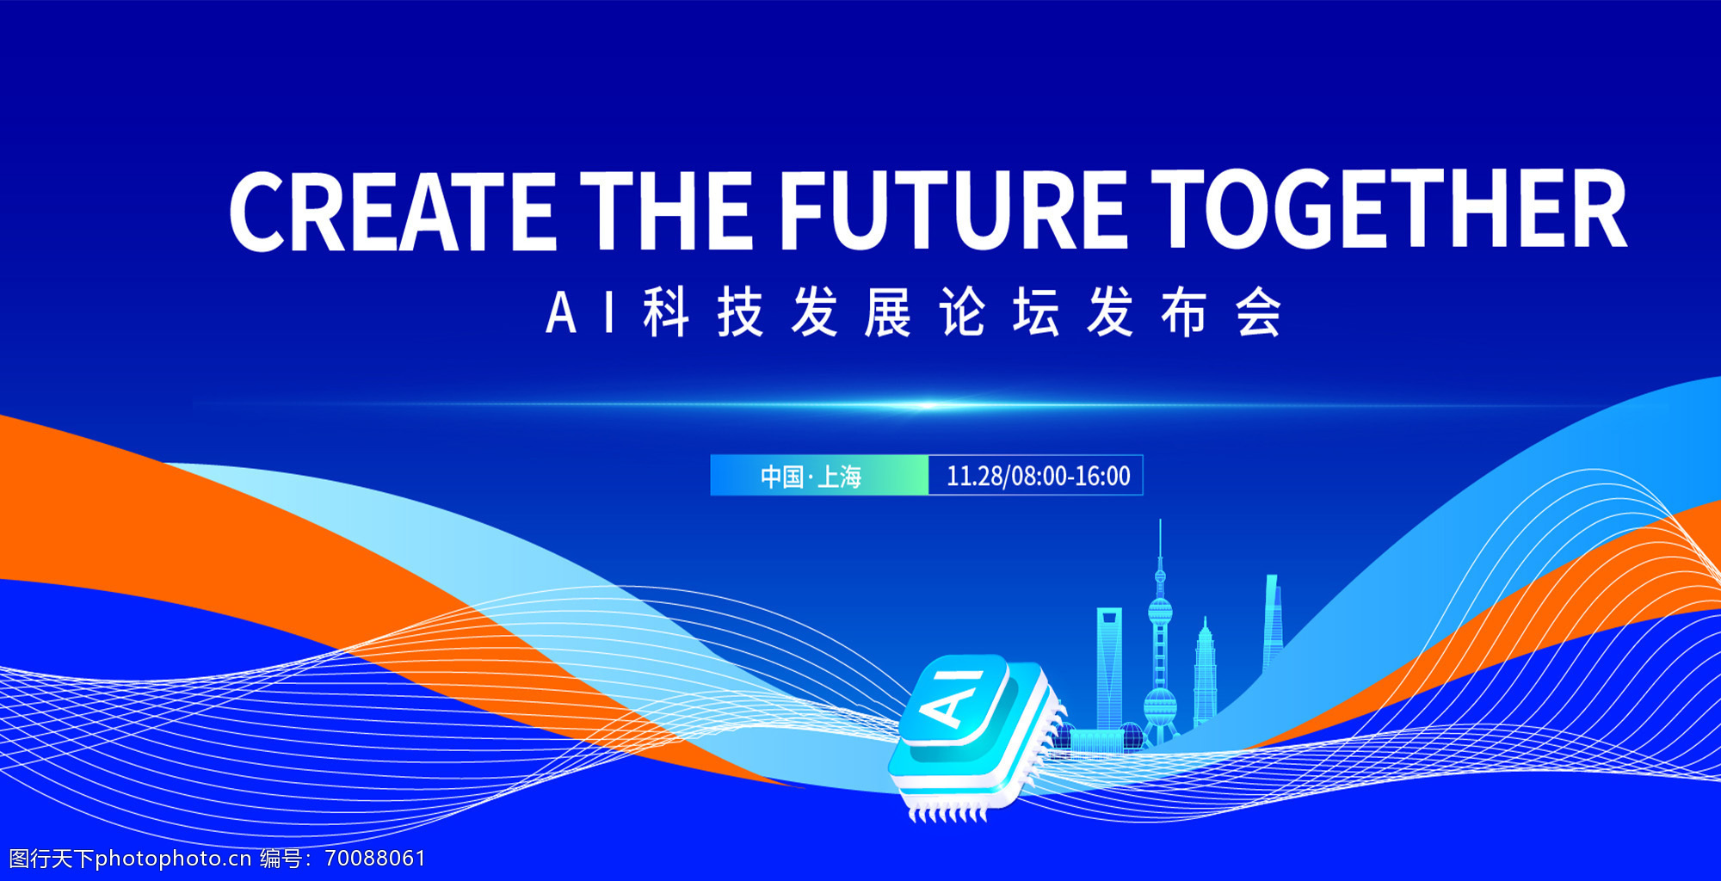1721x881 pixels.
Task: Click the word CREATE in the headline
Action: point(392,211)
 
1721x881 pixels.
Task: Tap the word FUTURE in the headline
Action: point(953,211)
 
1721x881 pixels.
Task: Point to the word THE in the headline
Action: point(666,211)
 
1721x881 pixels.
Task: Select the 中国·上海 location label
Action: point(811,476)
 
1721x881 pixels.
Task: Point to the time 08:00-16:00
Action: point(1070,476)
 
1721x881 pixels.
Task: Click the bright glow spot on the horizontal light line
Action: point(926,405)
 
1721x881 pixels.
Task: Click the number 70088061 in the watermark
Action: point(375,858)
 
